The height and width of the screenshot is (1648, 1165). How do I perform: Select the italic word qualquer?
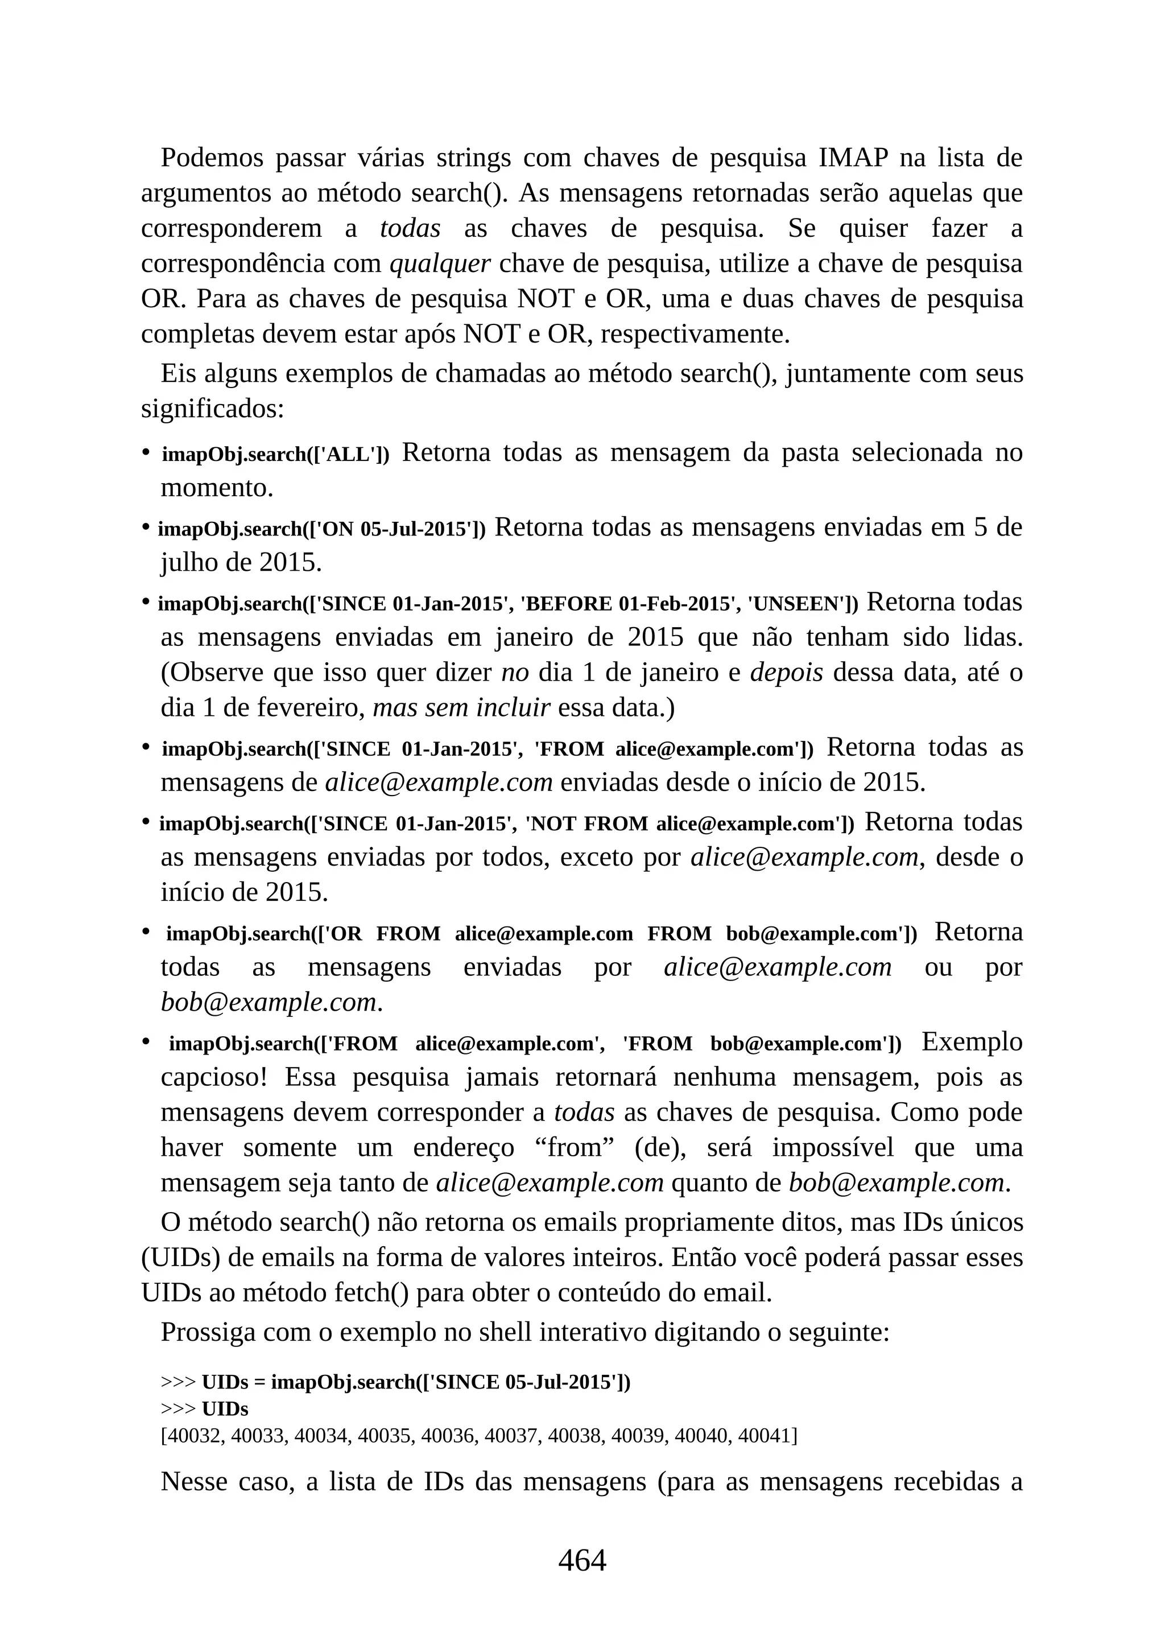pyautogui.click(x=440, y=263)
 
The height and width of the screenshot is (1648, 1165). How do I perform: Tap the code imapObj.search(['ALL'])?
pyautogui.click(x=275, y=454)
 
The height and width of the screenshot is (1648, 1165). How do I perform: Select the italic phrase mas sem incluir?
pyautogui.click(x=461, y=708)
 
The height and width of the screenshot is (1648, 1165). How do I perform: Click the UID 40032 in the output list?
pyautogui.click(x=189, y=1436)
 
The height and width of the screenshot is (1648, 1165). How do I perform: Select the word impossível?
pyautogui.click(x=833, y=1147)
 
